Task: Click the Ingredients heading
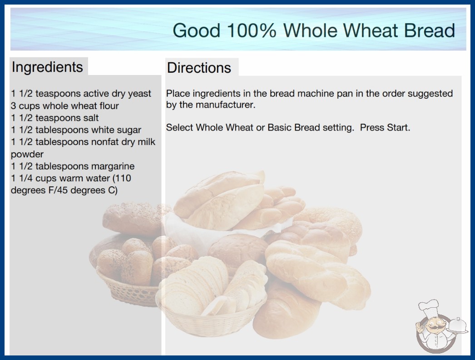47,67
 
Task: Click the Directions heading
199,68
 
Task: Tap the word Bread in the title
430,30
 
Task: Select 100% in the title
252,30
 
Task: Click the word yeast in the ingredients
139,94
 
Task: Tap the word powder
27,155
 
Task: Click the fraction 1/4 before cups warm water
26,178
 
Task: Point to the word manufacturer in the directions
225,105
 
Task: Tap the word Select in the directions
179,127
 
